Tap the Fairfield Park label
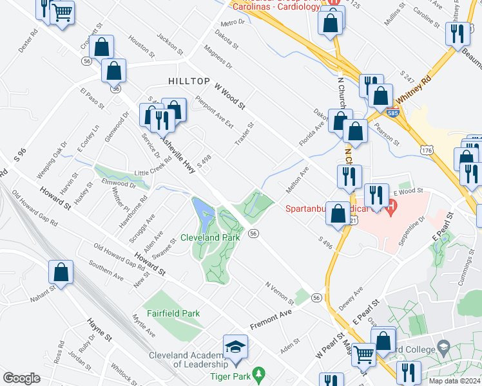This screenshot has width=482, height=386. (172, 313)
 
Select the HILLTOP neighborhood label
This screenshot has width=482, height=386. (189, 81)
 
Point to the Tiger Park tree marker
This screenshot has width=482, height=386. (258, 373)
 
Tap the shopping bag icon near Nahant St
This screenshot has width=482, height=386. (61, 272)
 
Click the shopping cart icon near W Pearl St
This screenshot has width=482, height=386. (363, 353)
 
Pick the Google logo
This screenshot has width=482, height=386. (21, 378)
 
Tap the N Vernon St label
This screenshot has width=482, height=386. (279, 290)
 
